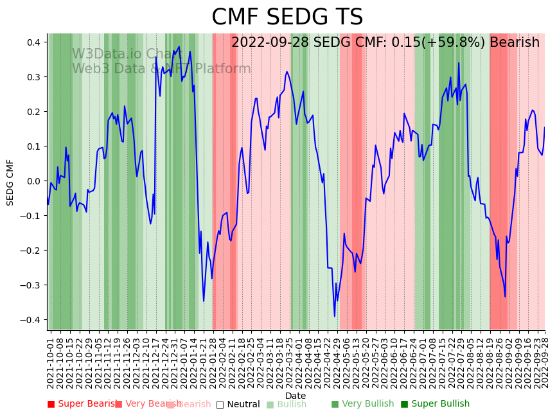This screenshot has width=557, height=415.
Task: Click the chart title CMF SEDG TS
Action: coord(287,17)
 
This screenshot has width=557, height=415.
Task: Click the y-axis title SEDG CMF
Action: coord(10,182)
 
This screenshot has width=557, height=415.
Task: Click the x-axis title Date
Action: coord(296,396)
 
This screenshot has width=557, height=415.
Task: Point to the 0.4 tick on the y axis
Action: coord(33,42)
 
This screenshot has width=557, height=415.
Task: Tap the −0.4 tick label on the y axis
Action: coord(30,320)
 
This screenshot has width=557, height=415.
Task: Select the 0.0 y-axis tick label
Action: coord(33,181)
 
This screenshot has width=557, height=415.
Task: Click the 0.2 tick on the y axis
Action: coord(33,112)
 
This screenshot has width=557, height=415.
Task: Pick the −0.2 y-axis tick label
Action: coord(30,251)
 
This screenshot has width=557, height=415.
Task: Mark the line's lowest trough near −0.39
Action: coord(335,316)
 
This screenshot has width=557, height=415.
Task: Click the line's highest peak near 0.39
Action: coord(179,47)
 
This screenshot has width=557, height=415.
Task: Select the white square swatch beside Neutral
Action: coord(220,404)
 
